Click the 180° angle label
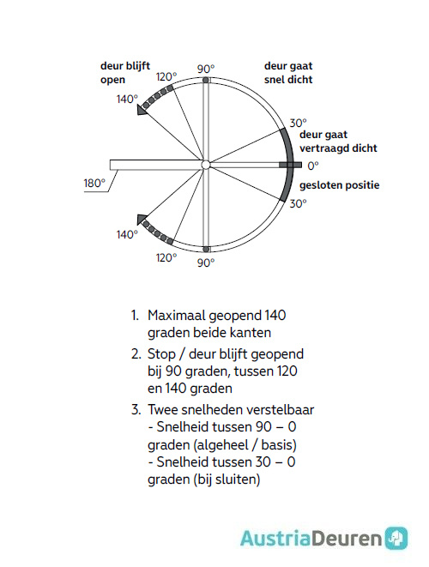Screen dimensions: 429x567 94,183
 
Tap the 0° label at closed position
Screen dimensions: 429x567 313,165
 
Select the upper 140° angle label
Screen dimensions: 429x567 127,100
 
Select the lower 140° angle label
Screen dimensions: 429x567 127,234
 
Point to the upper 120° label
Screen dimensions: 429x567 166,76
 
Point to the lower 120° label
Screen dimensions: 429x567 166,257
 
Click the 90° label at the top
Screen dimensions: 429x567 206,69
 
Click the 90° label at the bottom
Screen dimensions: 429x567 206,262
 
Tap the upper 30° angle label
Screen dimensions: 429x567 297,122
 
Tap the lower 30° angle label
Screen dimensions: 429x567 298,204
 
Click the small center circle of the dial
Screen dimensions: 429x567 205,165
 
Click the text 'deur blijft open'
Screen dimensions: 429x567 124,73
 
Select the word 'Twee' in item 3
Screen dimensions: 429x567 163,409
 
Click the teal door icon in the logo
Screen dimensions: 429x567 396,538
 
